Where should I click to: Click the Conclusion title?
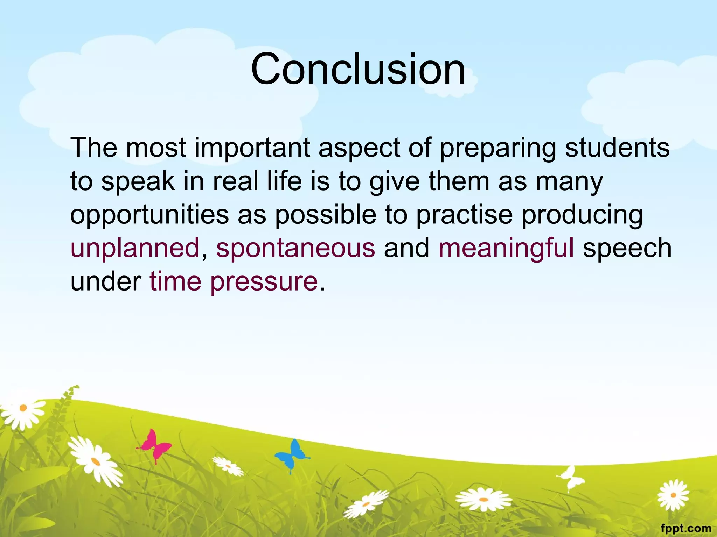click(358, 69)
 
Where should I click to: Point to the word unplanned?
click(135, 248)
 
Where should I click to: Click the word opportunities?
click(149, 215)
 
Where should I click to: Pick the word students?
click(617, 148)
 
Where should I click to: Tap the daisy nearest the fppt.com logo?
click(673, 495)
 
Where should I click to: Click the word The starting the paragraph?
click(93, 148)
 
